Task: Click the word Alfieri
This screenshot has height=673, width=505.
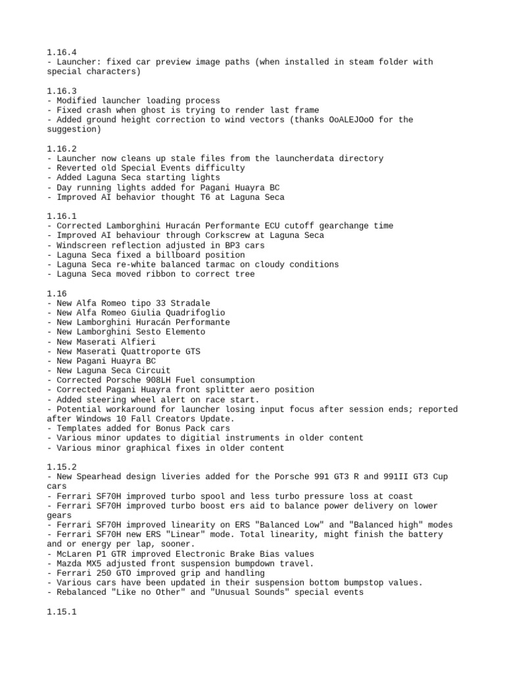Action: click(139, 342)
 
